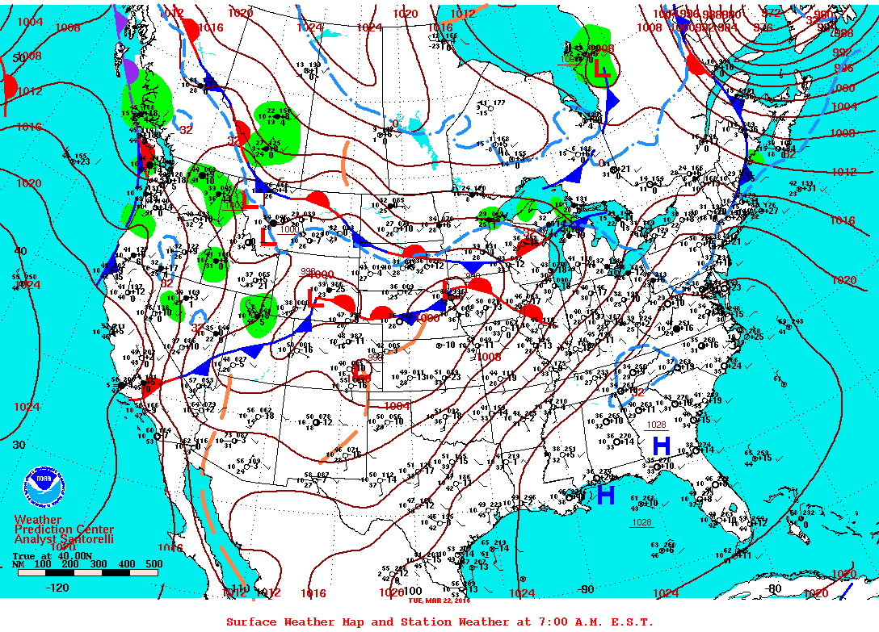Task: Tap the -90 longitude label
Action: (587, 588)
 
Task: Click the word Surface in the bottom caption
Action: (251, 622)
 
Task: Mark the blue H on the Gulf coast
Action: (606, 495)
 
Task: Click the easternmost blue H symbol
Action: (661, 445)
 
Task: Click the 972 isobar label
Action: (772, 14)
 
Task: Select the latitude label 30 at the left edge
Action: (19, 445)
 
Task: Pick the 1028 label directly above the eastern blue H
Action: (656, 425)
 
